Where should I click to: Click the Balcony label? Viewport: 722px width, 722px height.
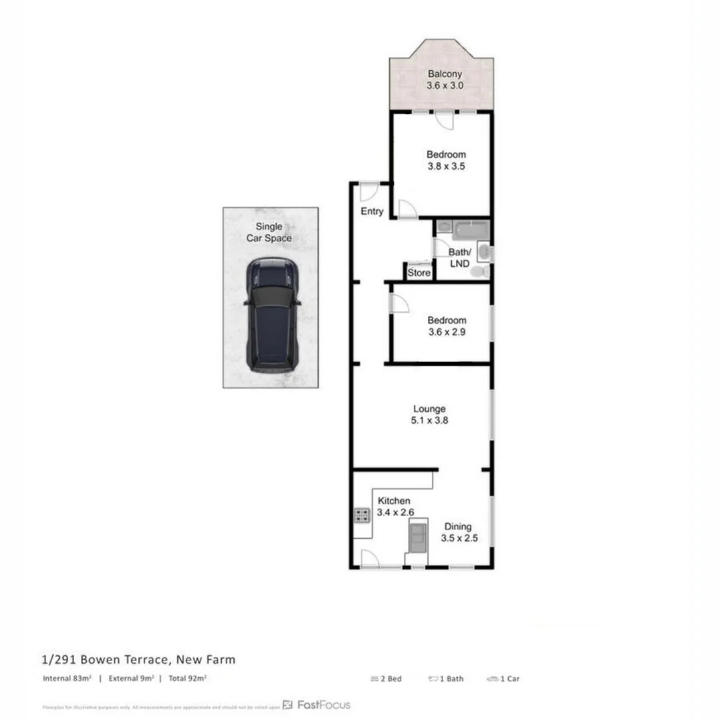[445, 74]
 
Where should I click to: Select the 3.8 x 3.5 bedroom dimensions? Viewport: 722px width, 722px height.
[446, 166]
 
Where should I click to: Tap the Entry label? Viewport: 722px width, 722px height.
[372, 211]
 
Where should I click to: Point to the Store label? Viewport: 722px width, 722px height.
[419, 273]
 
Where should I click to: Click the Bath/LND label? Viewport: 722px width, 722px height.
[459, 257]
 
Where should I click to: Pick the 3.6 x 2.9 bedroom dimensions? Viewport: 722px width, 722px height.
[446, 332]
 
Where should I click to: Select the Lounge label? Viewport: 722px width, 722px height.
[429, 409]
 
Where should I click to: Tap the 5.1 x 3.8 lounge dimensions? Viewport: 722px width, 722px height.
[429, 421]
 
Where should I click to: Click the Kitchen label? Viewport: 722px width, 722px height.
[394, 501]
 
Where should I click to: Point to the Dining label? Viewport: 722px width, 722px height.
[459, 527]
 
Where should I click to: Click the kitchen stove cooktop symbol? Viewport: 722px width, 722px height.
[362, 515]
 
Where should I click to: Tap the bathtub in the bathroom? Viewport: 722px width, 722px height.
[471, 231]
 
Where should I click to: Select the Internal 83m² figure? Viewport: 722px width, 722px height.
[66, 679]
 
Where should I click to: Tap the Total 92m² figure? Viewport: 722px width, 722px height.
[187, 679]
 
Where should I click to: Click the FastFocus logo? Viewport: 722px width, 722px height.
[316, 705]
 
